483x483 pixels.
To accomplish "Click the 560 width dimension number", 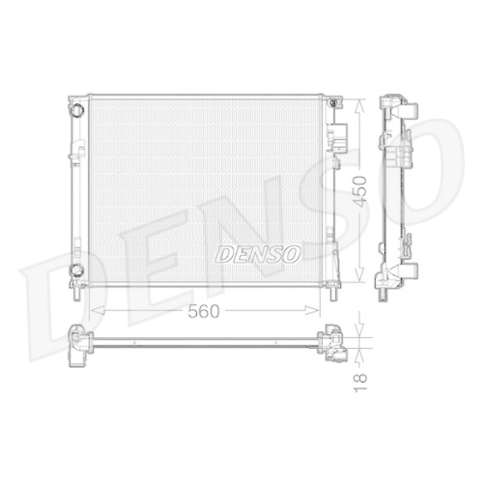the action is pyautogui.click(x=204, y=311).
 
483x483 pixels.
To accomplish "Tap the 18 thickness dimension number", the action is pyautogui.click(x=360, y=383).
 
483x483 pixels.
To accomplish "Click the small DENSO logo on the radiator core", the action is pyautogui.click(x=258, y=253).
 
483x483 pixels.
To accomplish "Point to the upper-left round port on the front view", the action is pyautogui.click(x=77, y=110).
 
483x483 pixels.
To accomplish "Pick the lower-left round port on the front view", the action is pyautogui.click(x=76, y=270).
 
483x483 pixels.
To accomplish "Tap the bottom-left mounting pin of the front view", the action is pyautogui.click(x=76, y=294).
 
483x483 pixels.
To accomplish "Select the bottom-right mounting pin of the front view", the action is pyautogui.click(x=333, y=294).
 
